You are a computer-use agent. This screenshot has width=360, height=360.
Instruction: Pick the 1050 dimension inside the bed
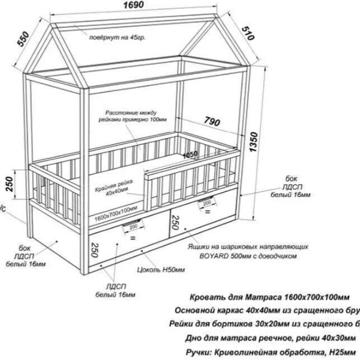(x=190, y=155)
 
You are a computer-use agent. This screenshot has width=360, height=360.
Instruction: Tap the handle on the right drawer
(x=207, y=202)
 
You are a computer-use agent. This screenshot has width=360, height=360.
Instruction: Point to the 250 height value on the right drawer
(x=175, y=223)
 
